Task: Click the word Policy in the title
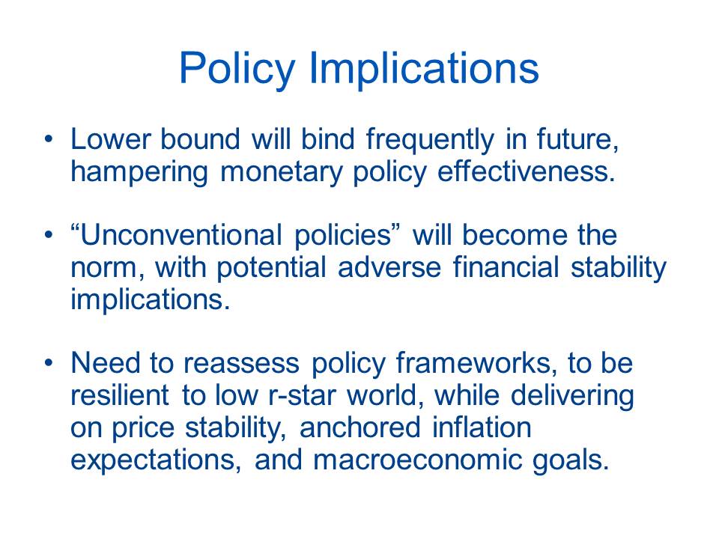point(237,68)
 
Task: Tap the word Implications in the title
point(424,68)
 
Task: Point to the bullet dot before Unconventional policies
point(49,235)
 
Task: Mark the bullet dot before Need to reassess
point(49,362)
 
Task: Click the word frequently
point(430,139)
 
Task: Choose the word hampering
point(139,172)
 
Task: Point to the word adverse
point(389,267)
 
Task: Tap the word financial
point(506,267)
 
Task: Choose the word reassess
point(241,364)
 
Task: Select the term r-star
point(301,395)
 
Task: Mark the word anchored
point(360,427)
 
